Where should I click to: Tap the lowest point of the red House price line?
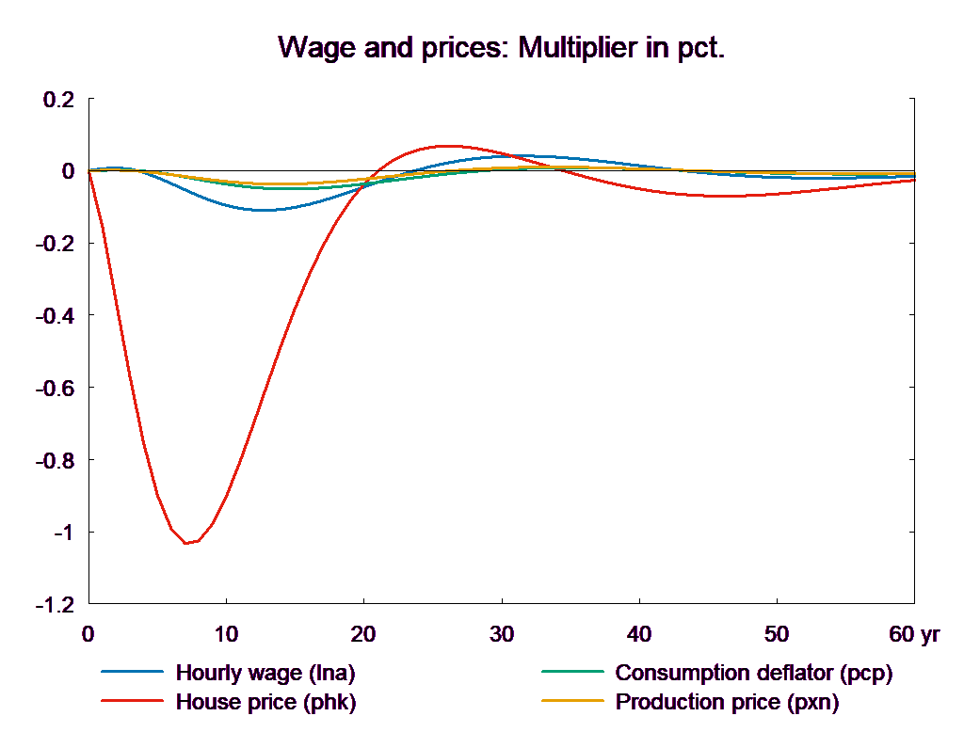(x=186, y=543)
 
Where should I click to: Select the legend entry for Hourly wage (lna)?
(x=265, y=673)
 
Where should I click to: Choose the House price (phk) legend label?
(x=265, y=702)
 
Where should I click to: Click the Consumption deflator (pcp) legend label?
(x=752, y=673)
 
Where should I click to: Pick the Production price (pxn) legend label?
(x=726, y=702)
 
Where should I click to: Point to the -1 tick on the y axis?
(x=62, y=533)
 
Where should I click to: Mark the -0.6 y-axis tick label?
(x=55, y=389)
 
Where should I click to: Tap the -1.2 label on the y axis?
(x=55, y=605)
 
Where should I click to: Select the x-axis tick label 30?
(x=502, y=634)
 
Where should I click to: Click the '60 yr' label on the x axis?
(x=914, y=634)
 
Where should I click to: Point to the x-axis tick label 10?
(x=226, y=634)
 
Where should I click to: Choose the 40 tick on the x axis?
(x=639, y=634)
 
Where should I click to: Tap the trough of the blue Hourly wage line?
(x=265, y=210)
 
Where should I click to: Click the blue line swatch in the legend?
(x=133, y=673)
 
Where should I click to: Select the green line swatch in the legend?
(x=571, y=673)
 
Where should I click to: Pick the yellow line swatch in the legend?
(x=571, y=702)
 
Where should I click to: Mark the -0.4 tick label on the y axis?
(x=55, y=316)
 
